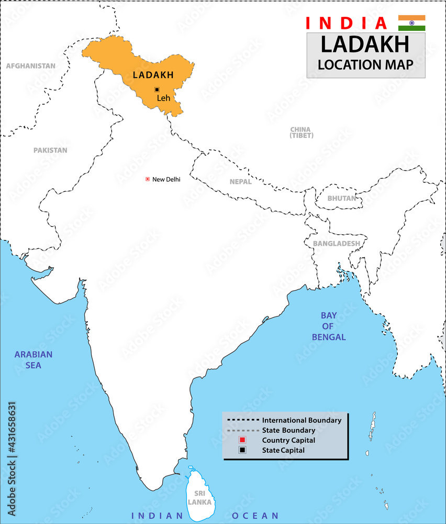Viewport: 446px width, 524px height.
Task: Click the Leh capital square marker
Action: tap(157, 90)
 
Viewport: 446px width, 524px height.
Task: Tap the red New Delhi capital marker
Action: tap(148, 179)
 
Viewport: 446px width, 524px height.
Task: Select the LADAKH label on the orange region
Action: tap(153, 75)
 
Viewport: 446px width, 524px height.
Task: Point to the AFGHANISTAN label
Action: tap(30, 66)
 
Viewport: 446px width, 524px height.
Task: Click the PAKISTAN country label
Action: tap(50, 150)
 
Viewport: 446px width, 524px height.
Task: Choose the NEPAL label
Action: tap(240, 182)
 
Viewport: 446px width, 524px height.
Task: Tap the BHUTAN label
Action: tap(341, 199)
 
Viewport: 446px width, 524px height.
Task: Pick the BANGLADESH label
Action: tap(336, 244)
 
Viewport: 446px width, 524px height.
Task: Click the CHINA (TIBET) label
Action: tap(302, 133)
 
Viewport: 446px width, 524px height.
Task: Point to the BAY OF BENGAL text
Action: tap(329, 326)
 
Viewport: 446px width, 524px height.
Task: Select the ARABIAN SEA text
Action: tap(34, 359)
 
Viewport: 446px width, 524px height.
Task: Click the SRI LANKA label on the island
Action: tap(200, 498)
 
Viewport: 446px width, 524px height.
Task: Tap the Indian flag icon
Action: tap(411, 23)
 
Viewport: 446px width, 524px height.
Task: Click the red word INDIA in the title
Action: tap(346, 23)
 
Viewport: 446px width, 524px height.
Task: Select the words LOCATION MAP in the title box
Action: tap(365, 64)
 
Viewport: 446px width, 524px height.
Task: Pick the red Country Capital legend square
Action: tap(242, 440)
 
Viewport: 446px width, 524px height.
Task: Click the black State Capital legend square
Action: tap(242, 450)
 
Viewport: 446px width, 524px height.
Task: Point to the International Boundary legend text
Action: tap(302, 420)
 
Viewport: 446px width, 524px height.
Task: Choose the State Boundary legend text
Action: tap(288, 430)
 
